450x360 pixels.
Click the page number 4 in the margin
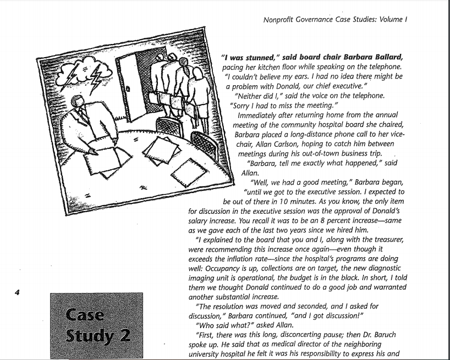17,292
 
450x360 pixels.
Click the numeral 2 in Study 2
126,335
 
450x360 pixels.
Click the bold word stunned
255,57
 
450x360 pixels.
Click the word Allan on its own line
250,173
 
